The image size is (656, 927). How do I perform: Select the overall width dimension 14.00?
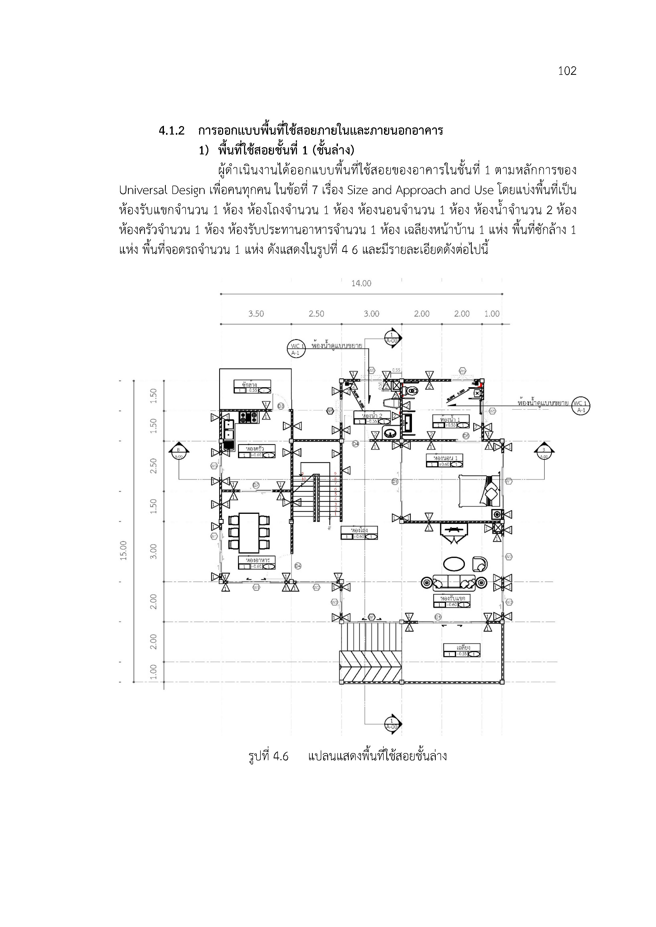(361, 283)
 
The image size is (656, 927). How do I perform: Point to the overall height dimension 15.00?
(123, 550)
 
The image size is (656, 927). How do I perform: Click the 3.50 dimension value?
(256, 314)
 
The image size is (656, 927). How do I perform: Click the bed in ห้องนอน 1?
(479, 491)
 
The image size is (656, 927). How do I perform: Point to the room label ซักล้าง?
(249, 384)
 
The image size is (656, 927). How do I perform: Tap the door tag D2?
(256, 485)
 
